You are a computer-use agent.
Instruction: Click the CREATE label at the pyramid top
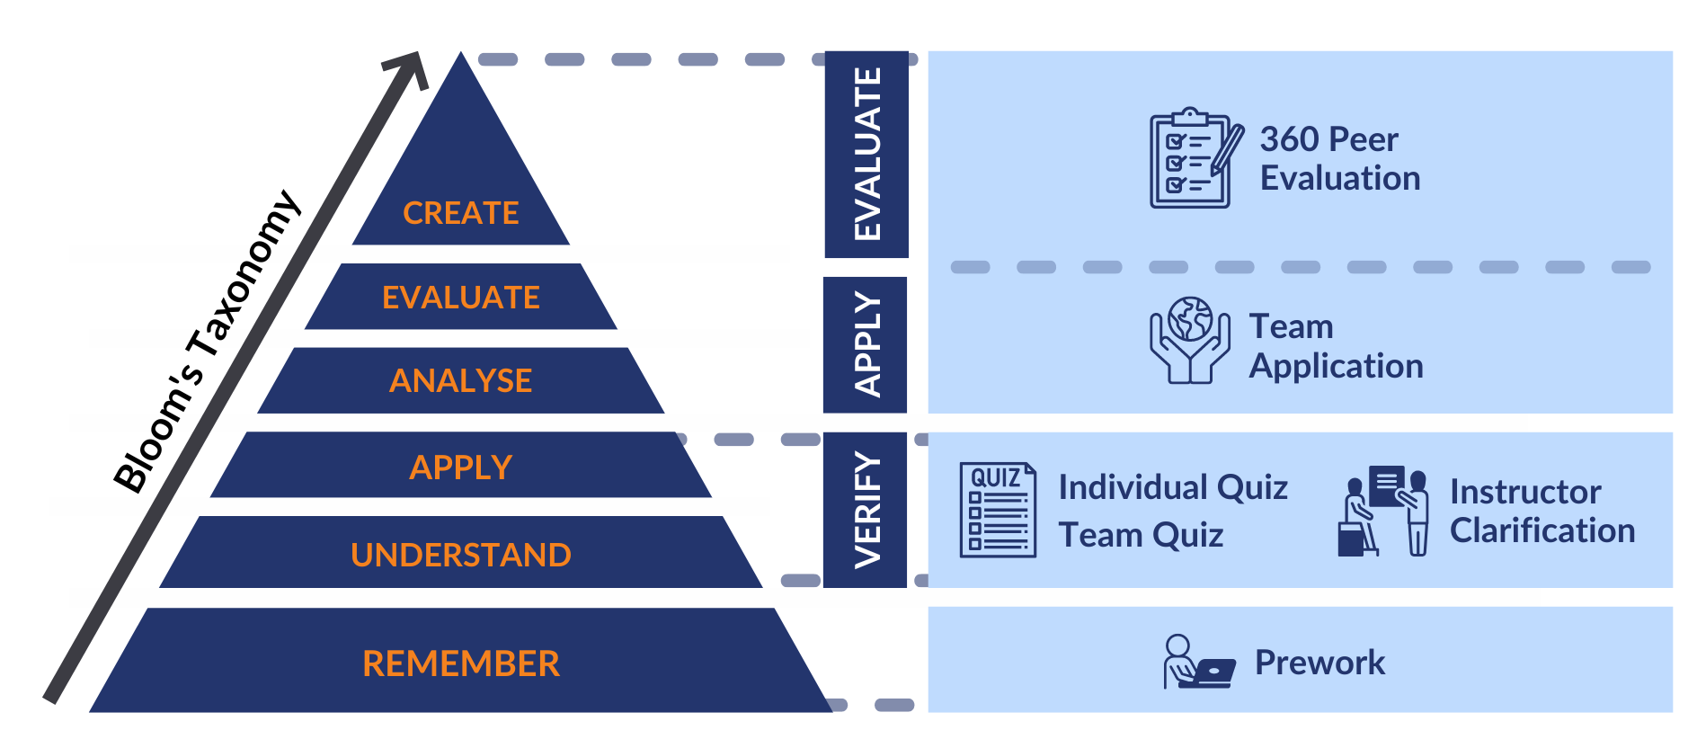coord(460,213)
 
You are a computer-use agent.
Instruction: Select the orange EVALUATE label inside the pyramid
coord(460,298)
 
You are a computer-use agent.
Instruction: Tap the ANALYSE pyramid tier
coord(460,381)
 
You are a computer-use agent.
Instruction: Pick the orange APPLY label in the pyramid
coord(460,467)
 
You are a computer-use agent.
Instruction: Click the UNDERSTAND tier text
coord(460,555)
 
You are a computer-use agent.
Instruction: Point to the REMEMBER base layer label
coord(460,663)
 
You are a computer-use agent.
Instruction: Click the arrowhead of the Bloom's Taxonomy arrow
coord(410,68)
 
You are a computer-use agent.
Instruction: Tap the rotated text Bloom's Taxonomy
coord(208,342)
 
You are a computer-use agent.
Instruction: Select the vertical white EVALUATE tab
coord(866,154)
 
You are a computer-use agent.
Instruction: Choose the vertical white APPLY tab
coord(866,344)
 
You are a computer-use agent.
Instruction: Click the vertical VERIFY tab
coord(866,510)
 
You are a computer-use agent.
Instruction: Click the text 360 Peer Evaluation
coord(1339,159)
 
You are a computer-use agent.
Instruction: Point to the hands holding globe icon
coord(1189,341)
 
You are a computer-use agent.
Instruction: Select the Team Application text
coord(1336,346)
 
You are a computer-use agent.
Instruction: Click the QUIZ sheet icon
coord(998,510)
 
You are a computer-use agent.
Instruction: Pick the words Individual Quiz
coord(1173,487)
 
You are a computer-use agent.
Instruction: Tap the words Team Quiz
coord(1141,535)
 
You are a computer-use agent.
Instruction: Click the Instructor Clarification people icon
coord(1382,511)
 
